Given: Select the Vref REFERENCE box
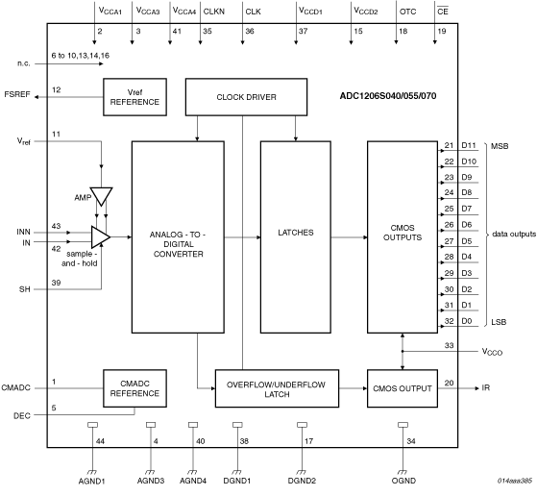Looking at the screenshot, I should click(x=135, y=96).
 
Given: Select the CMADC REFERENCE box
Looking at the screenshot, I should click(x=135, y=387).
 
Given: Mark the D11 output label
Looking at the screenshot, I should click(x=469, y=146).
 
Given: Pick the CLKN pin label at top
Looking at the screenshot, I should click(x=213, y=12).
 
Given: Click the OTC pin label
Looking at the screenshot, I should click(x=407, y=12).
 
